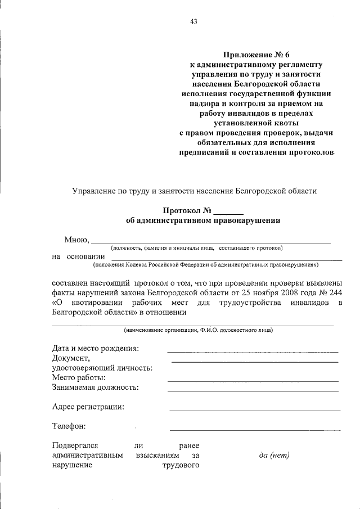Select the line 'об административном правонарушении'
coord(203,221)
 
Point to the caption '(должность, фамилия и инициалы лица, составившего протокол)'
coord(196,247)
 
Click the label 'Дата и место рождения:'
coord(95,348)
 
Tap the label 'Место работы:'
coord(79,377)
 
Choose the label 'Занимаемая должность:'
coord(96,387)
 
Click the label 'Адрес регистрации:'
coord(88,407)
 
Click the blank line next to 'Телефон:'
coord(254,430)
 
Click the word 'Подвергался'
coord(75,445)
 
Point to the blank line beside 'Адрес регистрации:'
coord(254,411)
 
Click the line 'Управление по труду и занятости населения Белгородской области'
coord(194,191)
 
